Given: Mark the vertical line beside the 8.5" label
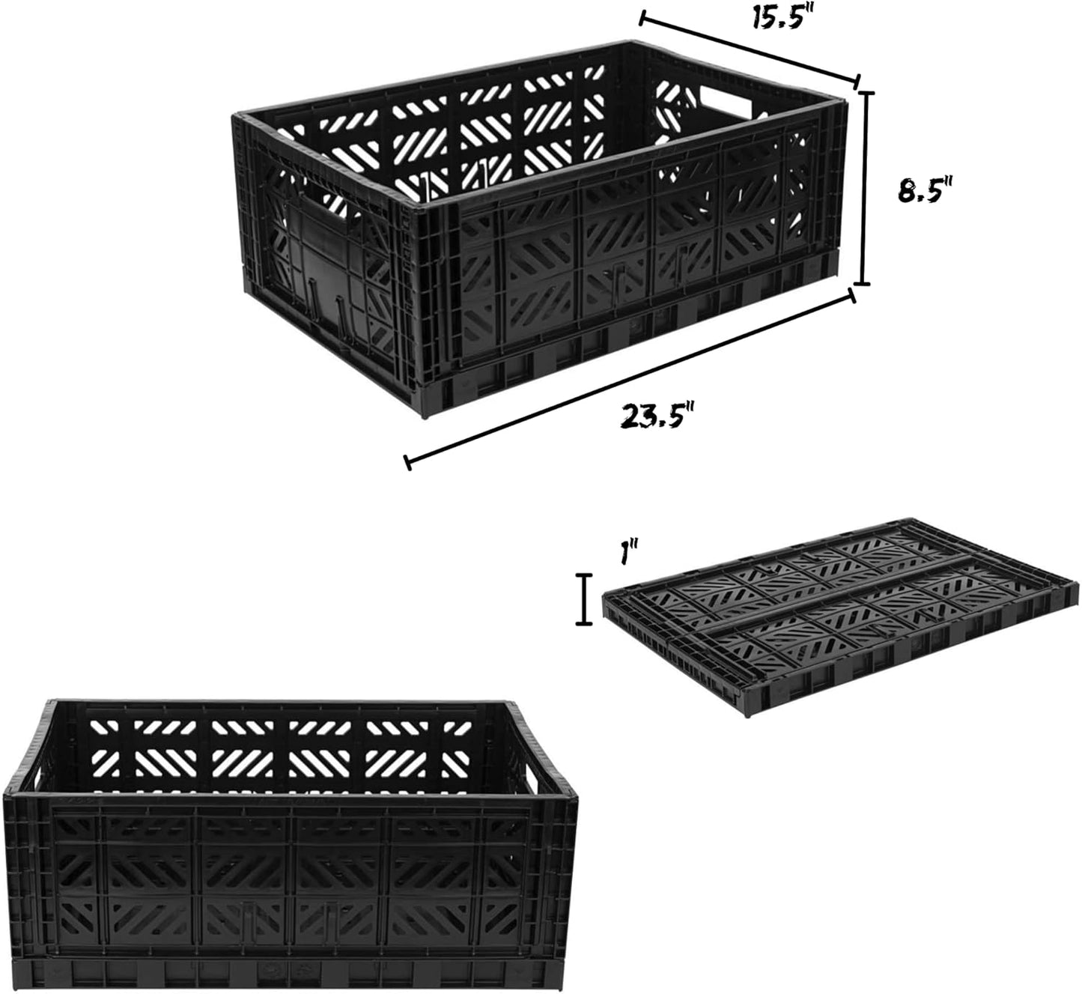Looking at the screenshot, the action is tap(863, 188).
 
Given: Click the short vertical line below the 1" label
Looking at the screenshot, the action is tap(583, 599).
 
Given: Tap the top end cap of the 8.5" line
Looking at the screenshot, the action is tap(863, 93).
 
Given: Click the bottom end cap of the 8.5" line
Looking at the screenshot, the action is tap(863, 283).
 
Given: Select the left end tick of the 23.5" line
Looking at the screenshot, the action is tap(407, 462).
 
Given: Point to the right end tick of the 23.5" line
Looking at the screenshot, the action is tap(852, 296).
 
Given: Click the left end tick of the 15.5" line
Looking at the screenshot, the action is tap(641, 18).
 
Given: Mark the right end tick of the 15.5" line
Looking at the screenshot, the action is tap(857, 82).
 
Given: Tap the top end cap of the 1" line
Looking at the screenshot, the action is tap(583, 575).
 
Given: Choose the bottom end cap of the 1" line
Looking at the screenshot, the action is tap(583, 624).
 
